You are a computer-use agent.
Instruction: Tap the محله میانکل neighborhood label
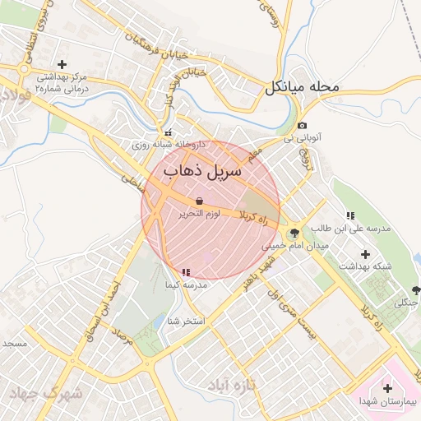tap(303, 87)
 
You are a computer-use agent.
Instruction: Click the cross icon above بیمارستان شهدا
tap(388, 387)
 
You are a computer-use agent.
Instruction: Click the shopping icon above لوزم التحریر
tap(200, 201)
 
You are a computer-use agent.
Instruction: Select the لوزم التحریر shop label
tap(201, 214)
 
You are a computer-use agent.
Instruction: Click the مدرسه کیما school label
tap(184, 285)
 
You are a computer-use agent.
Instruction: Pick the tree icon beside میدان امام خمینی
tap(294, 234)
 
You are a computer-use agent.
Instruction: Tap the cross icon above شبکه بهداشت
tap(365, 253)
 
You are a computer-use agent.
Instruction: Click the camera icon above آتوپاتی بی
tap(302, 125)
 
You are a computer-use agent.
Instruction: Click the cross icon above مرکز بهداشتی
tap(62, 64)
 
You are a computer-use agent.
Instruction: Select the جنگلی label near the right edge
tap(408, 302)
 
